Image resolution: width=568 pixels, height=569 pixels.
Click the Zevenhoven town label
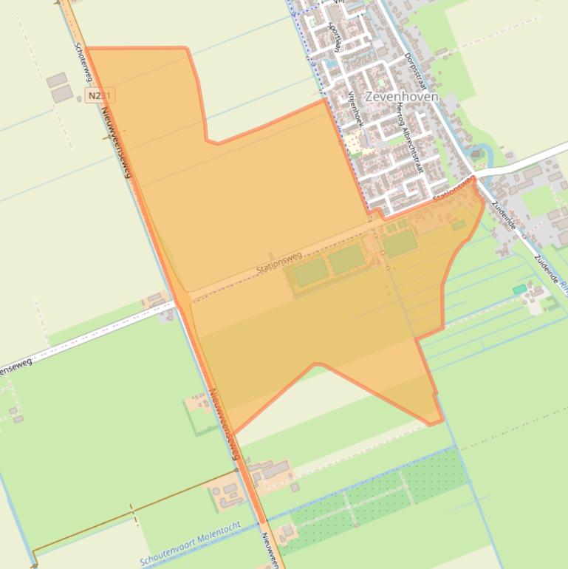click(402, 96)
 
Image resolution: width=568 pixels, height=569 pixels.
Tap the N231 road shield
click(99, 96)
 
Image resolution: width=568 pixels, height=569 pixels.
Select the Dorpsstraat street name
click(415, 69)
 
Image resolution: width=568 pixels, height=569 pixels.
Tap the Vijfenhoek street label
click(356, 108)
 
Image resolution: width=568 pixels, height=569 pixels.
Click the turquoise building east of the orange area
click(520, 289)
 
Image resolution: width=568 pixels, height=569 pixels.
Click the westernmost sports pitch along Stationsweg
click(310, 273)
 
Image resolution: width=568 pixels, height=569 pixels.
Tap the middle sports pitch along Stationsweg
click(346, 259)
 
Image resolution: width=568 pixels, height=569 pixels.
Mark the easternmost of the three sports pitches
click(400, 243)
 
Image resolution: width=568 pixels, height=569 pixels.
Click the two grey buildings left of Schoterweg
click(60, 87)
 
